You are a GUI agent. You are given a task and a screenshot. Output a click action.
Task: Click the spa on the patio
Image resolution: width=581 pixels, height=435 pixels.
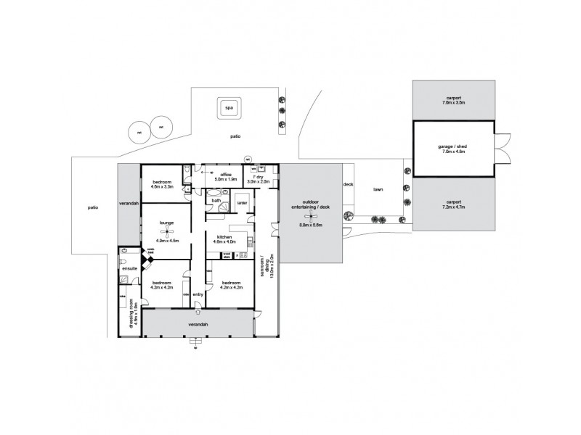(229, 109)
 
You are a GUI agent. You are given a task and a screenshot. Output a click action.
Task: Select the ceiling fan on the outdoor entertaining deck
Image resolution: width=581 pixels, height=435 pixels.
(312, 216)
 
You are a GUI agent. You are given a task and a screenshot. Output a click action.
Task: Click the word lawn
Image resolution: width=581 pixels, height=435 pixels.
(378, 190)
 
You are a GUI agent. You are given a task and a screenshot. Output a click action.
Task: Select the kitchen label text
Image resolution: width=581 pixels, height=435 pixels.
(223, 237)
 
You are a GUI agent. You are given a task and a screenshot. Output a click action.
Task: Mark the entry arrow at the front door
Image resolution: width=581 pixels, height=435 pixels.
(198, 312)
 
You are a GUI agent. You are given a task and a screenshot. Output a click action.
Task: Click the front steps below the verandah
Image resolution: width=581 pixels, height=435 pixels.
(195, 346)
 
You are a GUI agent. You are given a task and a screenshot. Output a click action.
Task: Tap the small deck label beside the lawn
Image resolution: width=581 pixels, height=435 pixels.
(347, 185)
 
